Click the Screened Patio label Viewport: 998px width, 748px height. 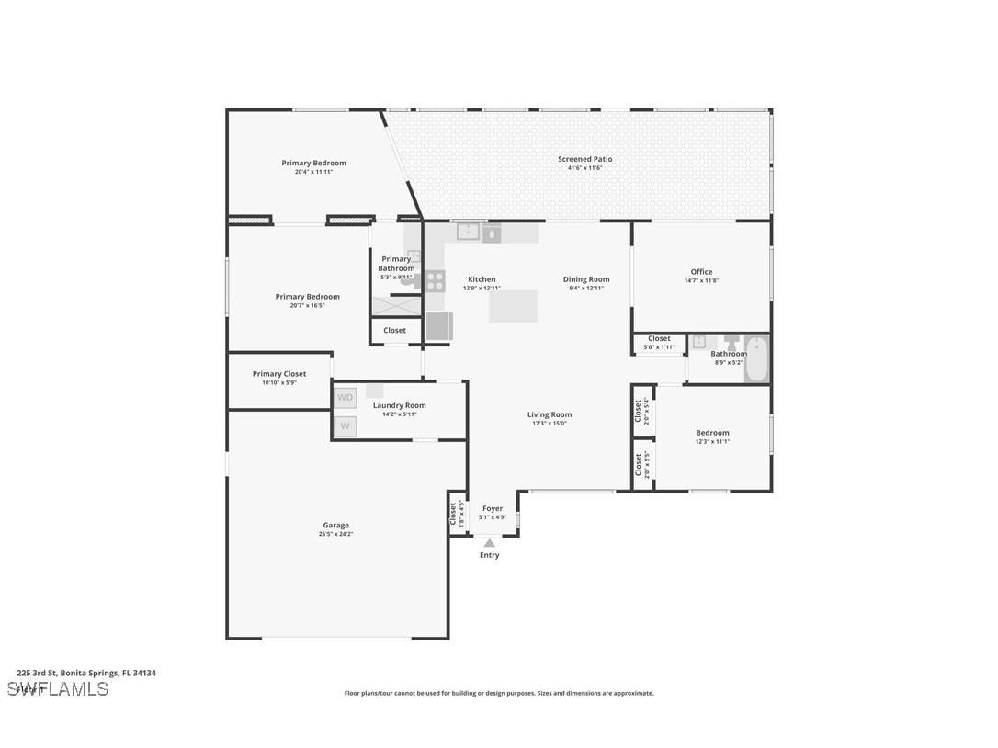(x=584, y=159)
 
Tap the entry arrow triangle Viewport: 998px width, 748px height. (x=490, y=543)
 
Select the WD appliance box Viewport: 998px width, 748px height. (x=345, y=398)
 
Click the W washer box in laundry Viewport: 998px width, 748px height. (x=345, y=425)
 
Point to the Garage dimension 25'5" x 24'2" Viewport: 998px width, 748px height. (x=335, y=534)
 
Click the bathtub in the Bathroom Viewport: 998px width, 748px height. (x=757, y=359)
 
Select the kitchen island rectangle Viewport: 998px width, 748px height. (x=513, y=306)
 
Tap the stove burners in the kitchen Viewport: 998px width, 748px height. (x=435, y=279)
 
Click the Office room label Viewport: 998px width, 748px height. (x=701, y=272)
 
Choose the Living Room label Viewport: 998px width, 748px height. (x=550, y=414)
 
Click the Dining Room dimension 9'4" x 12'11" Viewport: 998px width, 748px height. (x=586, y=289)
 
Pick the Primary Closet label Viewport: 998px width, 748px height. (x=279, y=374)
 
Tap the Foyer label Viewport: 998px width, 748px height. (x=493, y=508)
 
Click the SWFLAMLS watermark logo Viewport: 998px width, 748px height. (x=58, y=688)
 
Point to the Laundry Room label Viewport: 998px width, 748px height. (x=399, y=405)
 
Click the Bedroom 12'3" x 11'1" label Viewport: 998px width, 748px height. (x=712, y=433)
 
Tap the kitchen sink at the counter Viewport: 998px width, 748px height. (x=469, y=232)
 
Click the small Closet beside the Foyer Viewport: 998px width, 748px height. (x=454, y=515)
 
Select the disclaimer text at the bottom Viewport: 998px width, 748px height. (x=499, y=693)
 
